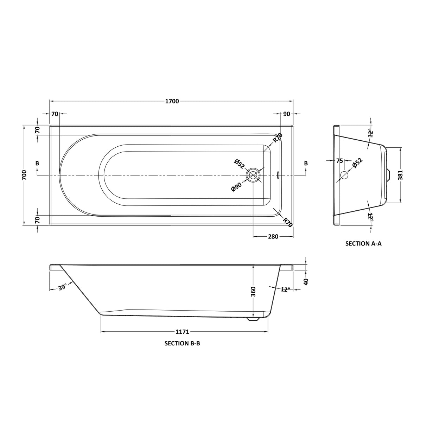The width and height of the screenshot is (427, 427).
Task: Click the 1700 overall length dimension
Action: pyautogui.click(x=172, y=101)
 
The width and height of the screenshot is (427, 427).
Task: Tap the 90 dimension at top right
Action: pyautogui.click(x=286, y=114)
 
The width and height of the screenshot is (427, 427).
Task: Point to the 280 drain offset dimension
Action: pyautogui.click(x=273, y=236)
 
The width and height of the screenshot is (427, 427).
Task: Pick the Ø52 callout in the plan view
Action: pyautogui.click(x=239, y=164)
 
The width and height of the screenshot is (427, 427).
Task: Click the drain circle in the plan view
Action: pyautogui.click(x=253, y=175)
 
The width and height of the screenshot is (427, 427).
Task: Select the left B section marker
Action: pyautogui.click(x=37, y=163)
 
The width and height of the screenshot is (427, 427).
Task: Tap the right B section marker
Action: pyautogui.click(x=306, y=163)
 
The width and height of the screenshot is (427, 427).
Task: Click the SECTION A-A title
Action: pyautogui.click(x=363, y=243)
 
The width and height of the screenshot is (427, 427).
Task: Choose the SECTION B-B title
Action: pyautogui.click(x=182, y=343)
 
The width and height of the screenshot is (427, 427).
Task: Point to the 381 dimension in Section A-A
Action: pyautogui.click(x=400, y=175)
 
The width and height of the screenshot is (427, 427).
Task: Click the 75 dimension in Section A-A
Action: pyautogui.click(x=339, y=161)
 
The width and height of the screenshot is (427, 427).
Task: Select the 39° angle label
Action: pyautogui.click(x=62, y=288)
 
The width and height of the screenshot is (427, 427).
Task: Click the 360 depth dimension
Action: pyautogui.click(x=254, y=292)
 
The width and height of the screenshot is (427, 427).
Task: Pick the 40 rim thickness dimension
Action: pyautogui.click(x=306, y=282)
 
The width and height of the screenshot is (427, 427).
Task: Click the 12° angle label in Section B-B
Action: pyautogui.click(x=286, y=289)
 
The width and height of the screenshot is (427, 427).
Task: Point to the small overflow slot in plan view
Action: pyautogui.click(x=278, y=175)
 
